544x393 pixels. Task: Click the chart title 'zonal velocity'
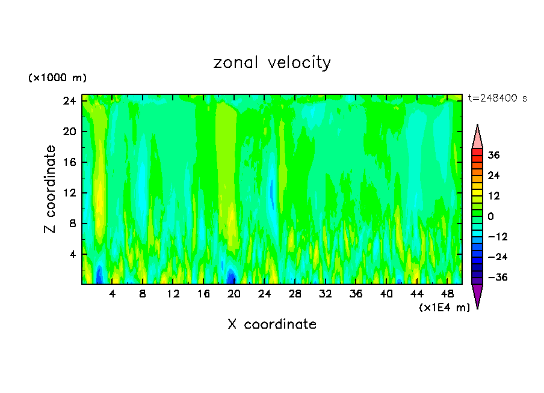272,62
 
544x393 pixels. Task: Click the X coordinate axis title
272,324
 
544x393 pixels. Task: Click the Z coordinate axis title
50,189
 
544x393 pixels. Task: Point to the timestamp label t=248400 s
498,98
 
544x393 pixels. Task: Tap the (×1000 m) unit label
57,78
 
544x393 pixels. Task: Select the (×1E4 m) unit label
444,308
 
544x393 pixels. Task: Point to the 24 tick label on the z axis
68,101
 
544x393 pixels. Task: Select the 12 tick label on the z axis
68,193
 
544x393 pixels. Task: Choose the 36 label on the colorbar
493,155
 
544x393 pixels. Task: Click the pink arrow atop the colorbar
477,138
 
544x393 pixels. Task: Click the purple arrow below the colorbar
477,295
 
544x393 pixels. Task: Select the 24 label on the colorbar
493,175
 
